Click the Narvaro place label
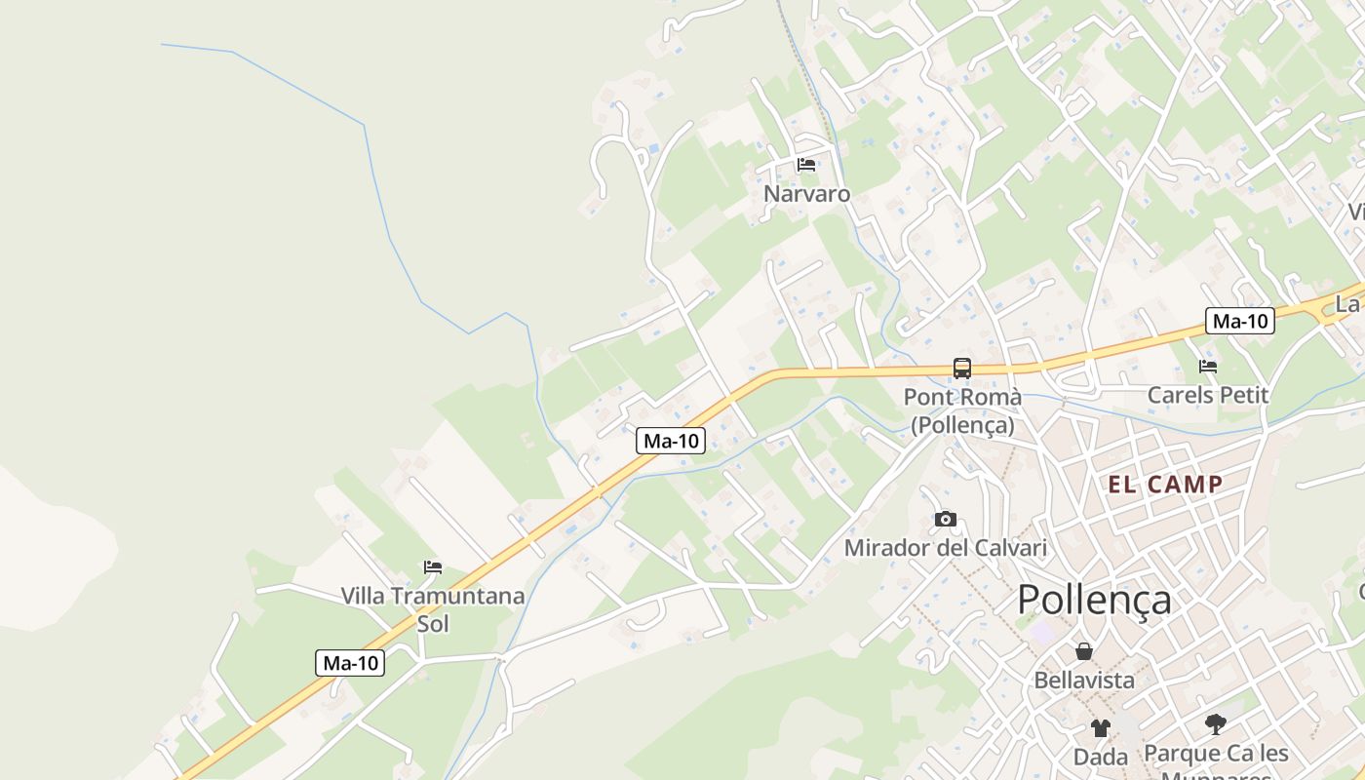pyautogui.click(x=806, y=194)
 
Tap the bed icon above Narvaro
pyautogui.click(x=806, y=164)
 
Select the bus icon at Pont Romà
pyautogui.click(x=962, y=368)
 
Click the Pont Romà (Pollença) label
pyautogui.click(x=962, y=411)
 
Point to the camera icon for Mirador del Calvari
pyautogui.click(x=945, y=519)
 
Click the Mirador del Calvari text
pyautogui.click(x=945, y=548)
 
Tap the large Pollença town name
pyautogui.click(x=1094, y=599)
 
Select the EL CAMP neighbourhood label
pyautogui.click(x=1164, y=485)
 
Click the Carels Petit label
pyautogui.click(x=1208, y=395)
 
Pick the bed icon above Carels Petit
pyautogui.click(x=1208, y=367)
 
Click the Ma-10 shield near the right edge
pyautogui.click(x=1239, y=321)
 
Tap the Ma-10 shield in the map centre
pyautogui.click(x=671, y=441)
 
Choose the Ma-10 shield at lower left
pyautogui.click(x=351, y=663)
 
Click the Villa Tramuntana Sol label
pyautogui.click(x=433, y=608)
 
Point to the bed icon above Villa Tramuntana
pyautogui.click(x=433, y=566)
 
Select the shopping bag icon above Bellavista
pyautogui.click(x=1084, y=651)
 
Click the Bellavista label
pyautogui.click(x=1084, y=680)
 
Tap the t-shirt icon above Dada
pyautogui.click(x=1101, y=727)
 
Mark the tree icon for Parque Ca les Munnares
pyautogui.click(x=1215, y=724)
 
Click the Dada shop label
pyautogui.click(x=1101, y=757)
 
